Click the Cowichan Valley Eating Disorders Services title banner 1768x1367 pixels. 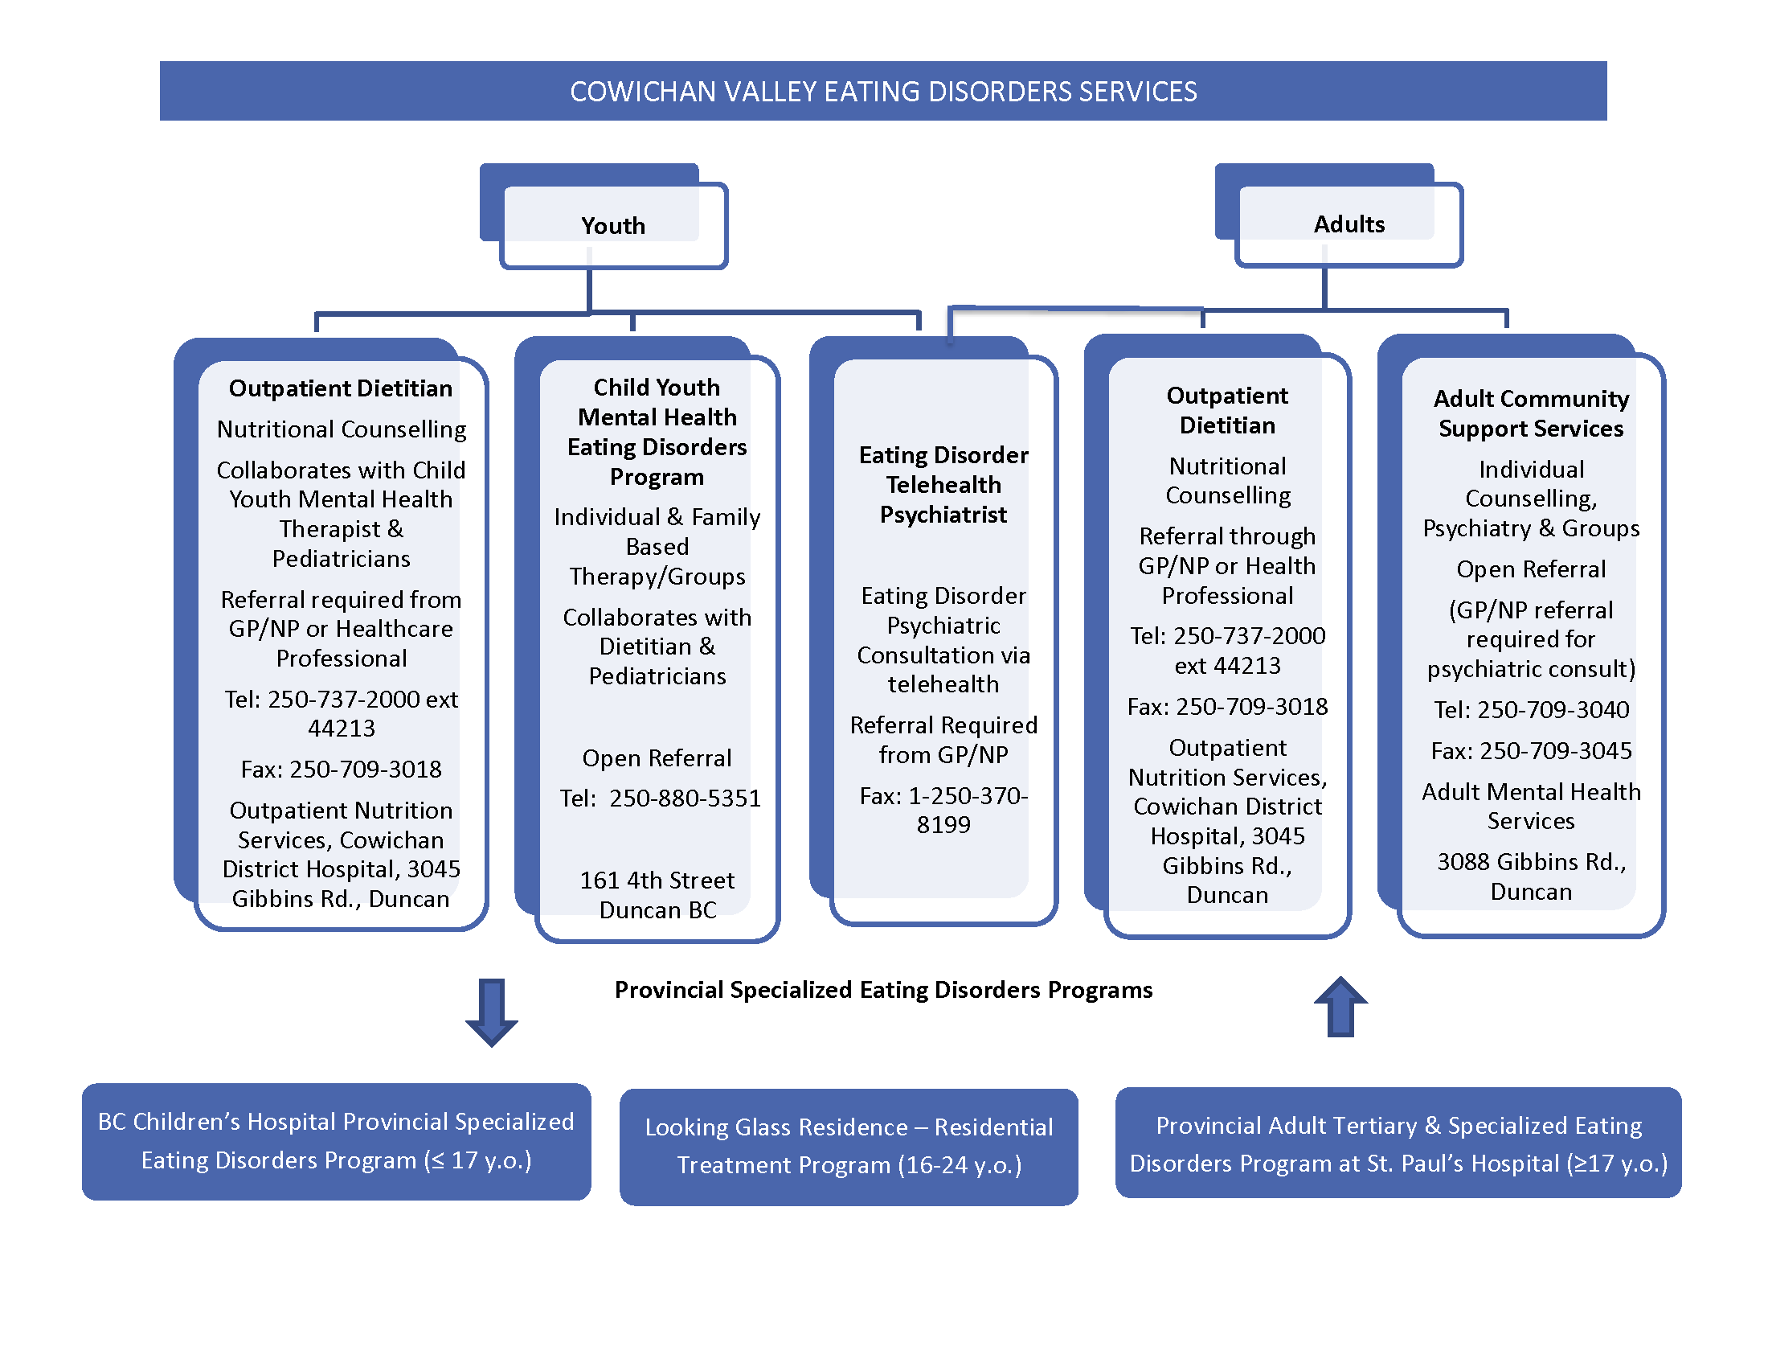[882, 92]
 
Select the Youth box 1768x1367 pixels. [613, 225]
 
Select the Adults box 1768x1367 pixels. [1348, 224]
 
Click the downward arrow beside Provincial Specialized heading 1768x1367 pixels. [491, 1012]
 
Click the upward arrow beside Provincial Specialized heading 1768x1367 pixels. [1340, 1007]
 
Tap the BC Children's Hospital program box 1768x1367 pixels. [336, 1141]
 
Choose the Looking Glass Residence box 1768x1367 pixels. [849, 1146]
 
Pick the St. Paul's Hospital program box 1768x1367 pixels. [1398, 1143]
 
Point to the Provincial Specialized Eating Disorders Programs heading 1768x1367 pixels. [883, 990]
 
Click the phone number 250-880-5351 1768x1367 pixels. [685, 798]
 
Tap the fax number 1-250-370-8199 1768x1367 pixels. [944, 811]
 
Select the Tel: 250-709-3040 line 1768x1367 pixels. [1531, 710]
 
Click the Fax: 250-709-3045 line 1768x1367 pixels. [1531, 752]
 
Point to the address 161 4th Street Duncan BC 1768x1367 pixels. [657, 895]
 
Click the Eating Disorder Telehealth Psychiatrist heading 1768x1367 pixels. [943, 484]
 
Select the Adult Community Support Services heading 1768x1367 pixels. [1531, 413]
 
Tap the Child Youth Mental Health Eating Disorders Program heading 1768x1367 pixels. [657, 432]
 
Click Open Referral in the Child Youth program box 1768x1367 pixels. [657, 758]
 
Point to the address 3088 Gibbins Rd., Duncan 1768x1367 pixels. [1531, 876]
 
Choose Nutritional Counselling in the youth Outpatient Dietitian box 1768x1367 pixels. [342, 429]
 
